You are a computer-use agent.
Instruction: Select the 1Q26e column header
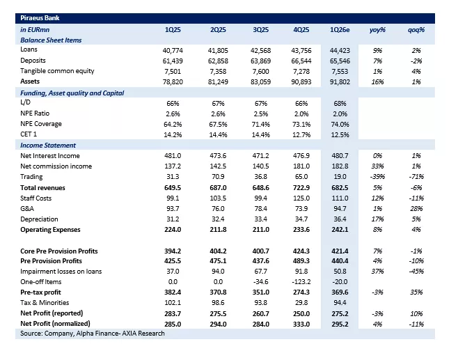[341, 30]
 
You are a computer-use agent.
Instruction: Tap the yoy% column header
[379, 30]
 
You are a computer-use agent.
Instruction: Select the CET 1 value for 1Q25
[173, 134]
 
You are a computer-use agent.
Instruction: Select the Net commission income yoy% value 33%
[379, 166]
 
